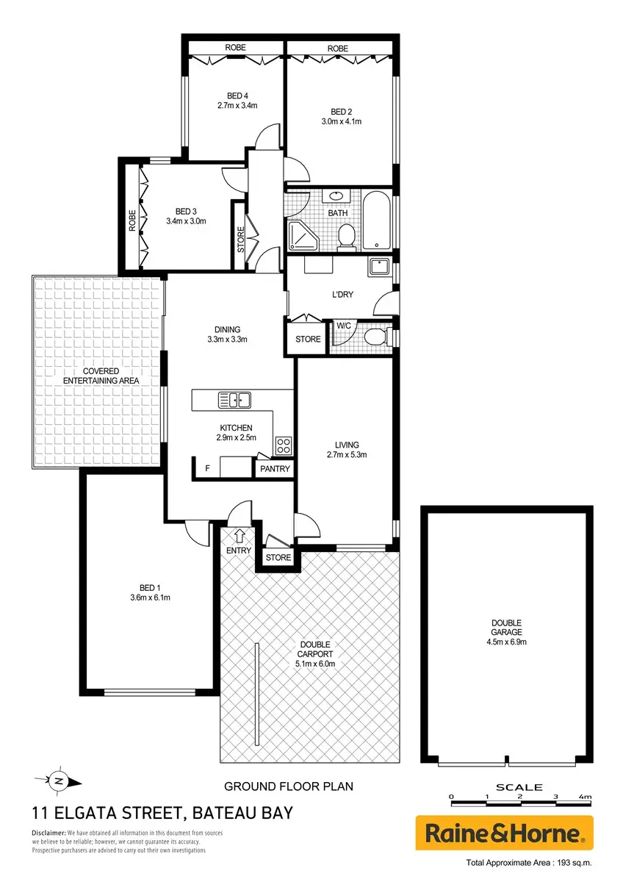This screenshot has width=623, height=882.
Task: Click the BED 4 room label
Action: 237,96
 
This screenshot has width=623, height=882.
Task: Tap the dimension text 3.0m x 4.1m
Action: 341,122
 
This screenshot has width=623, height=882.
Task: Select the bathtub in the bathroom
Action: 376,220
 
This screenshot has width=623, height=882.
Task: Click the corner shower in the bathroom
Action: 303,236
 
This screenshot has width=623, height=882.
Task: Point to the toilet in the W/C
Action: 375,337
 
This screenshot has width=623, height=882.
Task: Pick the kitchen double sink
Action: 234,401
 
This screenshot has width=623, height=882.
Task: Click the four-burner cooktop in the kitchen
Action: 284,445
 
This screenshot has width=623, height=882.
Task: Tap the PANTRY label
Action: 275,469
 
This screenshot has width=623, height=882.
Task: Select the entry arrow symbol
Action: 240,537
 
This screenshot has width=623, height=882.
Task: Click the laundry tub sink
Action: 378,267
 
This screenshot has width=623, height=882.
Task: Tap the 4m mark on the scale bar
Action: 586,797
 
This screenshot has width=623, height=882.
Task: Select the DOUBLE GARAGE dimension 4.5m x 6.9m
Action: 506,642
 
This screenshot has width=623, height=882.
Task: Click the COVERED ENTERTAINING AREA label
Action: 101,376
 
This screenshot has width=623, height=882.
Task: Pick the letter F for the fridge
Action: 207,468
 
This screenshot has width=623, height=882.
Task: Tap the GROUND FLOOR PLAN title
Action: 289,786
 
